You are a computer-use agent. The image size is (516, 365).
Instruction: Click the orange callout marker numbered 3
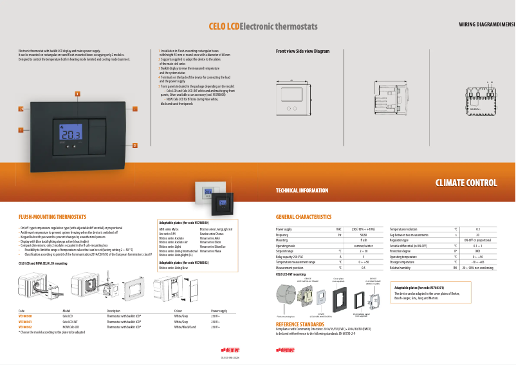pos(78,95)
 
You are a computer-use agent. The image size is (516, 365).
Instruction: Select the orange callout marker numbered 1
pos(21,130)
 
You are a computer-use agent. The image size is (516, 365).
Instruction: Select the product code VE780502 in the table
pos(25,327)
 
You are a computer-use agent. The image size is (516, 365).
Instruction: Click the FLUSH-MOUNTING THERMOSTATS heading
pos(52,218)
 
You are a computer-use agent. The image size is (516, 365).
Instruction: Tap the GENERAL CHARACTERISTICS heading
pos(304,218)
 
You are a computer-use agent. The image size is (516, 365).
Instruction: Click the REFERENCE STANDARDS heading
pos(300,324)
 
